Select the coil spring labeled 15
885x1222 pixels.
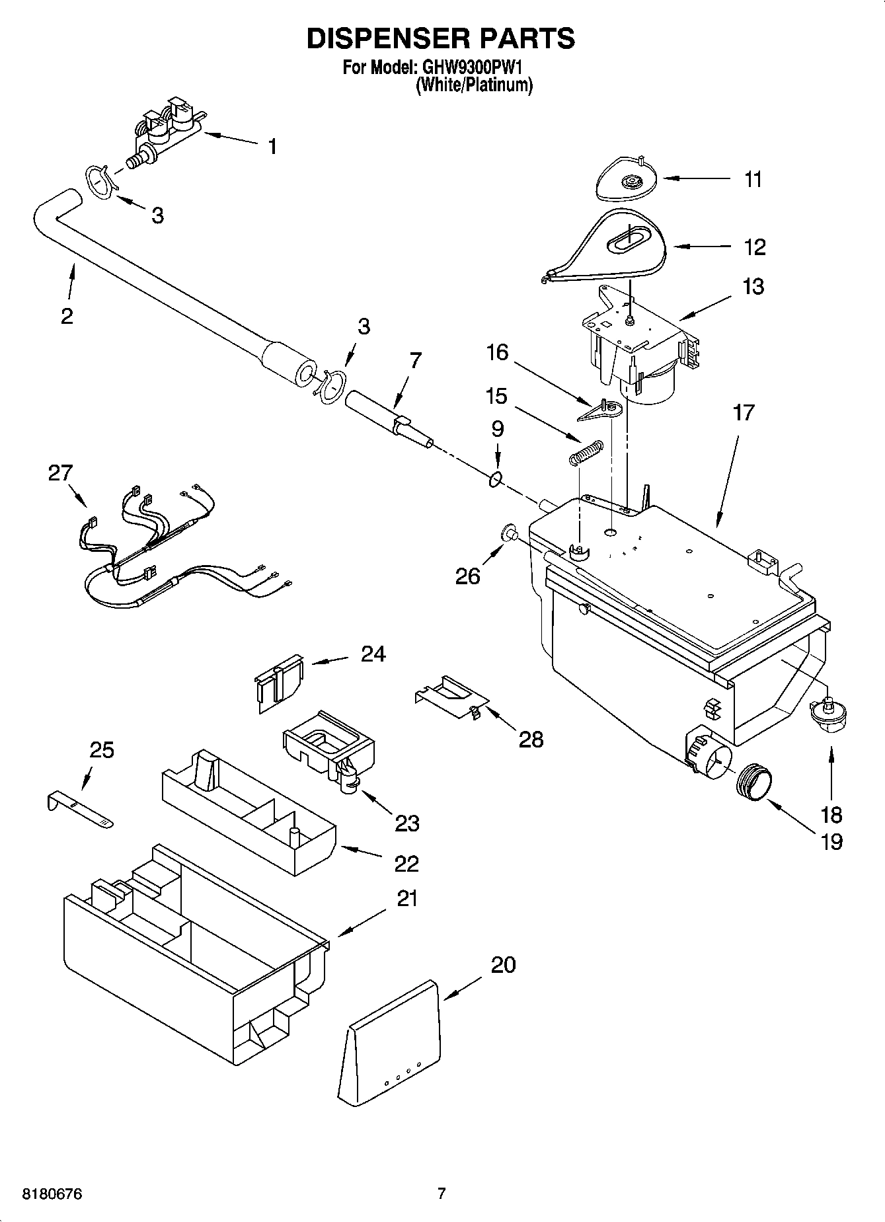586,453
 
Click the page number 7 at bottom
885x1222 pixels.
442,1194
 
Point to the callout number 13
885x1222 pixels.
753,286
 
